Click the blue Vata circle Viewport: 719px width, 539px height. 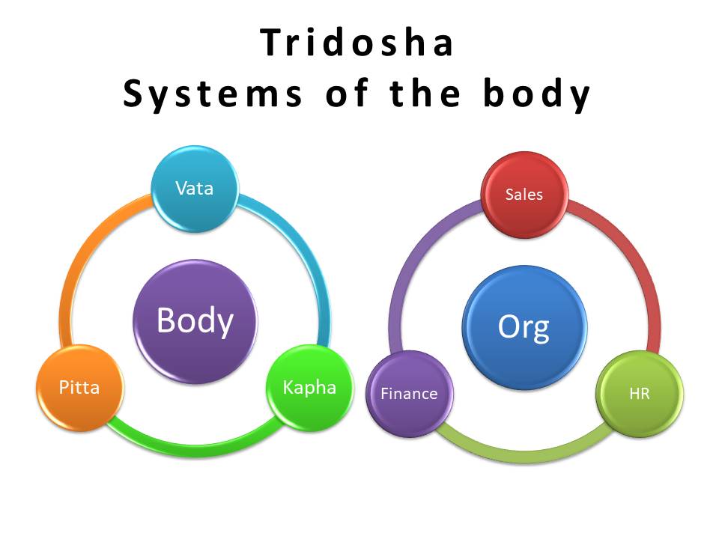pos(195,189)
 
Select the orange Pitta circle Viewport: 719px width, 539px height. pos(79,388)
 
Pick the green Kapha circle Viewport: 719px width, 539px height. pos(309,388)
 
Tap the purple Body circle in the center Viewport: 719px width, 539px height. pos(195,320)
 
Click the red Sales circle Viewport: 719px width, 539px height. pos(524,195)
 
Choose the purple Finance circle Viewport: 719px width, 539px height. pos(409,394)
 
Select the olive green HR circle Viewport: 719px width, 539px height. pos(639,394)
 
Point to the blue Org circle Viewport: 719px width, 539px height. pos(524,327)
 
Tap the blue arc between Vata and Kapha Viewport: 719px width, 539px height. pos(307,255)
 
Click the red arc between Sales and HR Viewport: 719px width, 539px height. pos(637,262)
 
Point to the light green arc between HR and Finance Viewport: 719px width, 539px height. pos(524,454)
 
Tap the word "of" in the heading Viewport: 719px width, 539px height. pos(342,94)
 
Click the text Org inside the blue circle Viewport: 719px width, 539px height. pos(524,327)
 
